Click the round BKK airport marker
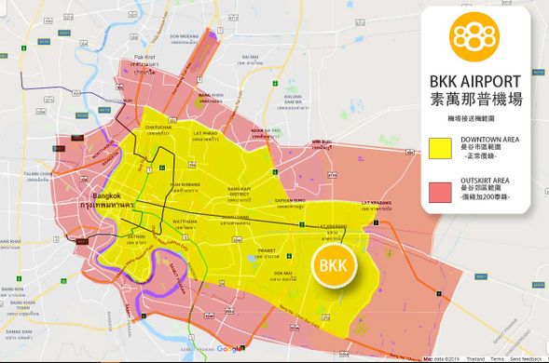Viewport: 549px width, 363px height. (x=333, y=267)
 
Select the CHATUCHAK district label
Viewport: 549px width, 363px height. (x=158, y=128)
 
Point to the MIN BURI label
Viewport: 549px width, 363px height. (x=322, y=142)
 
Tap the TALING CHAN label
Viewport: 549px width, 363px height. (x=38, y=174)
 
